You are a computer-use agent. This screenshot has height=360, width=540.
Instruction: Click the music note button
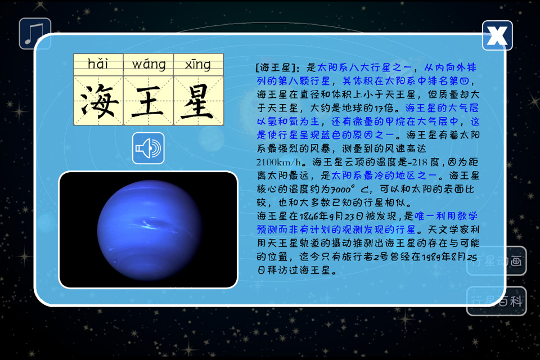click(x=35, y=33)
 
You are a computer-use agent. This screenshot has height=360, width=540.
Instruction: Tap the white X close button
click(x=497, y=35)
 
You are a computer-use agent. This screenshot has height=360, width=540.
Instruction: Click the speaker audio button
click(x=148, y=148)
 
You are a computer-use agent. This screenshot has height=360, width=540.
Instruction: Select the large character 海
click(x=98, y=101)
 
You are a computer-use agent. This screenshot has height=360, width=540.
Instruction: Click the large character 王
click(x=148, y=101)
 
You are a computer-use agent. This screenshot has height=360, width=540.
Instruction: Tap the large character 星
click(x=199, y=101)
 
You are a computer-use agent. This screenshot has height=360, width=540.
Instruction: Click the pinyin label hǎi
click(x=98, y=64)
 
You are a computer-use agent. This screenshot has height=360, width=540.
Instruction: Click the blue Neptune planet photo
click(x=148, y=229)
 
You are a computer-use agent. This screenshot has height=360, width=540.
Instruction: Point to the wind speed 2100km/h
click(x=278, y=162)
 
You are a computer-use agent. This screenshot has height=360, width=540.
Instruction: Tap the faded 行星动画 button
click(x=496, y=261)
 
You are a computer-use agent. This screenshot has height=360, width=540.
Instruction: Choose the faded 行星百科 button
click(x=496, y=301)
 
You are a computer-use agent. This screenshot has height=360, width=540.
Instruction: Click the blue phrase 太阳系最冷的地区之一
click(x=384, y=175)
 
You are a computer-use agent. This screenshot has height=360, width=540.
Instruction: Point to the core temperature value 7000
click(x=341, y=189)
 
